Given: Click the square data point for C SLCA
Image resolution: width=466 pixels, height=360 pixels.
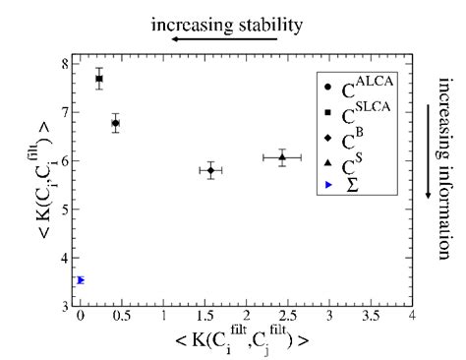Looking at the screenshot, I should [99, 78].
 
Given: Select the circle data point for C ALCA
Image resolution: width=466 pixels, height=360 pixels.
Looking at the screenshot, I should [115, 123].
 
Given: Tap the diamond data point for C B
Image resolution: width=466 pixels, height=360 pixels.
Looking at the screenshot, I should [210, 170].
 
